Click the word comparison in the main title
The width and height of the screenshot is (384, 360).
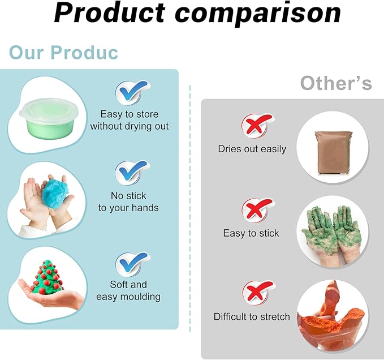[258, 15]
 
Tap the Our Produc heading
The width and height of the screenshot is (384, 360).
[63, 52]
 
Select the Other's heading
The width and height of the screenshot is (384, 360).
[336, 83]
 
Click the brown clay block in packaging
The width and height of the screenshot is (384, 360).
[333, 152]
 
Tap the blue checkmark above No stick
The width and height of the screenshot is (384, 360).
[132, 173]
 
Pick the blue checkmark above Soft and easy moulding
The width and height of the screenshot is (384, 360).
[133, 265]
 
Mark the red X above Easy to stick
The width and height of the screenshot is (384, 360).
[258, 210]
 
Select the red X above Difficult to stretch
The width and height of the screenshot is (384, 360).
[258, 293]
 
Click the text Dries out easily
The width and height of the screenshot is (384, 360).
[252, 149]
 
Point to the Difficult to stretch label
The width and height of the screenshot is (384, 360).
[252, 316]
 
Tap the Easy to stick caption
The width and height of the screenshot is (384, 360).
[251, 233]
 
